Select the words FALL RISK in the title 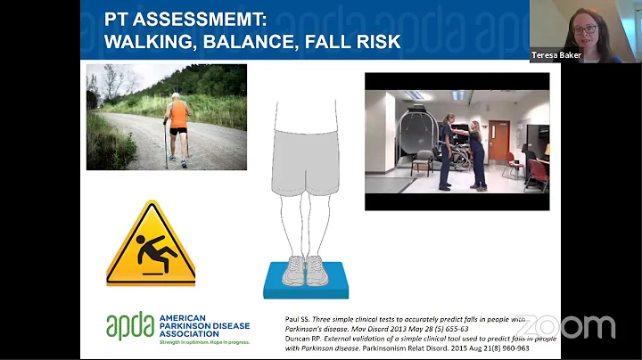(351, 41)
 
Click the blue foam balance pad (306, 282)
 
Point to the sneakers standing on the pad (306, 269)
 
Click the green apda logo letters (130, 327)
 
